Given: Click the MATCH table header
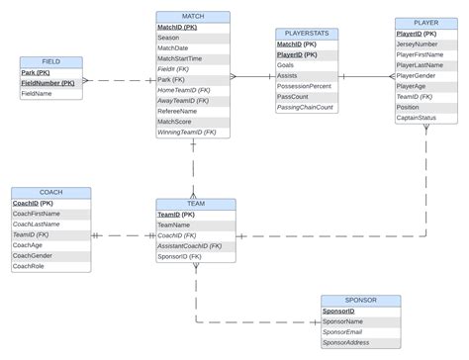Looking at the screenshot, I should click(x=193, y=17).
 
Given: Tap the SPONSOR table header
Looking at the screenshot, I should click(x=361, y=300).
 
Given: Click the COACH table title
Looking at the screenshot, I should click(x=50, y=192).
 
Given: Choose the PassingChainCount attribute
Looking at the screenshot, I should click(x=305, y=107).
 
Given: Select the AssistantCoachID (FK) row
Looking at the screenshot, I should click(x=190, y=245).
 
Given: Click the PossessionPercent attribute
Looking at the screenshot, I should click(x=307, y=86).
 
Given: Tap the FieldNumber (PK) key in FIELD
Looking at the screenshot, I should click(x=48, y=83).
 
